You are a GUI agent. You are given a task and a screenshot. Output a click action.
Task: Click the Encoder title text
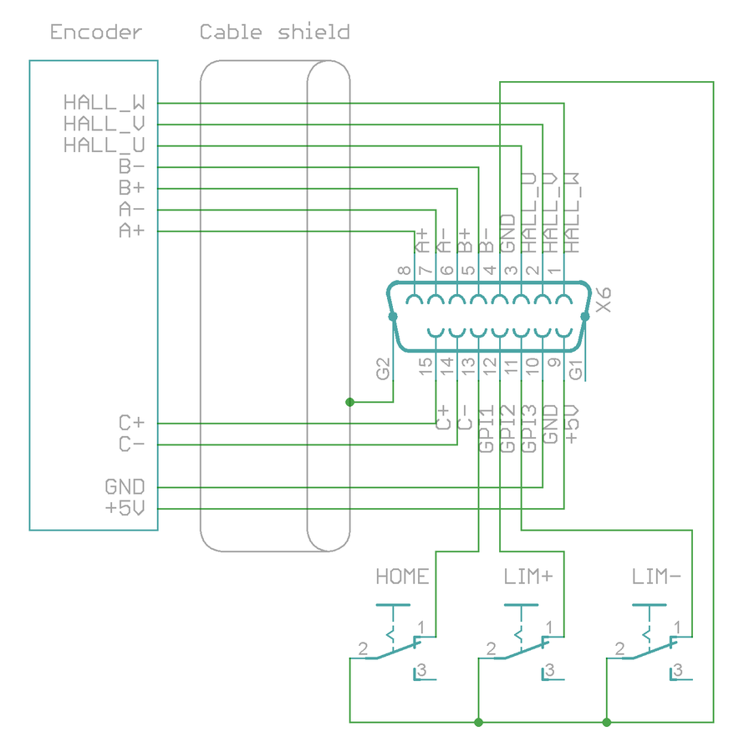pos(96,33)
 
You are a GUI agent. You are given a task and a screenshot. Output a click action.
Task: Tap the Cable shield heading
pos(274,33)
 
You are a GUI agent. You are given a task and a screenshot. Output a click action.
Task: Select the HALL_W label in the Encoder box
pos(104,103)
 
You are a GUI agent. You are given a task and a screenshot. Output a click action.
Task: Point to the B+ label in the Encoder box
pos(132,188)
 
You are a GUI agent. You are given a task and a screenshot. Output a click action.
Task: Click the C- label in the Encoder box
pos(132,445)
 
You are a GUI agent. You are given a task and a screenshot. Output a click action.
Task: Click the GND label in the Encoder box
pos(125,486)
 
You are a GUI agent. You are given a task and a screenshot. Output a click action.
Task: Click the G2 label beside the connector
pos(384,368)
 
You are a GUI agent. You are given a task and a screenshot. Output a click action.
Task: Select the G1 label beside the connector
pos(575,368)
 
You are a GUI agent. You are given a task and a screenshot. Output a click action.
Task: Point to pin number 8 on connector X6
pos(404,271)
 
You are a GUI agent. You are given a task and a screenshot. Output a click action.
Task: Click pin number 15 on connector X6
pos(426,365)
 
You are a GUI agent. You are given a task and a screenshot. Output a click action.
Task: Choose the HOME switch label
pos(402,577)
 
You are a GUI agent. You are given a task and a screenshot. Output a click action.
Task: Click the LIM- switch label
pos(657,577)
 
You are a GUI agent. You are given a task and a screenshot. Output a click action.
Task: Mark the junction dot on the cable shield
pos(350,402)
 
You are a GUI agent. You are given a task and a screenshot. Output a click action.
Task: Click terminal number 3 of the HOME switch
pos(423,670)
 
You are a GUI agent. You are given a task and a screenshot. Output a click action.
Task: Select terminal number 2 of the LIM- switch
pos(619,648)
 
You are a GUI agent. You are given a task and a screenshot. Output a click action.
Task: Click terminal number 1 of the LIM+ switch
pos(550,627)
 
